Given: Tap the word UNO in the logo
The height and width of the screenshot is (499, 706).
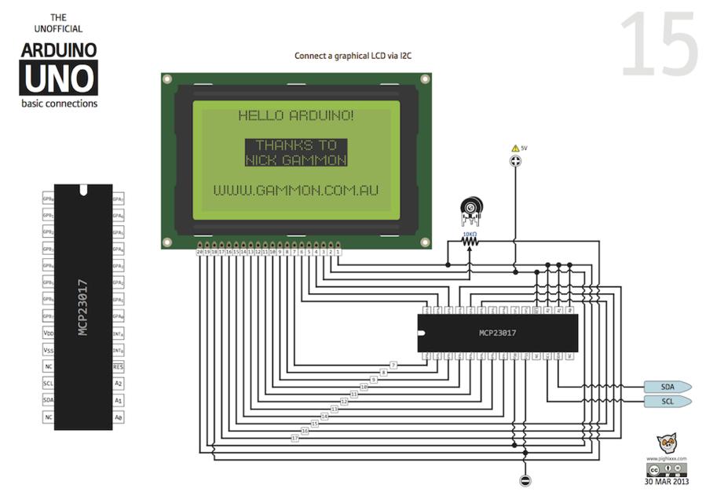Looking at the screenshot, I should tap(59, 78).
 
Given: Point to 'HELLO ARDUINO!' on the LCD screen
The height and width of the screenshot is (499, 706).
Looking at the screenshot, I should tap(296, 116).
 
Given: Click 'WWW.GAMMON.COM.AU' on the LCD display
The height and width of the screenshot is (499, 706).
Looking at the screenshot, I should tap(296, 191).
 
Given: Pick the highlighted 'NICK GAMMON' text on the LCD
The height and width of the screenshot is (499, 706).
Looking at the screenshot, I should tap(296, 160).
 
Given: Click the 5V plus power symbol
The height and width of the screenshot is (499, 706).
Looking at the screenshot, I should tap(516, 161).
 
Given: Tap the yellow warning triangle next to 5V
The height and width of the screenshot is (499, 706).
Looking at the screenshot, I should tap(515, 148).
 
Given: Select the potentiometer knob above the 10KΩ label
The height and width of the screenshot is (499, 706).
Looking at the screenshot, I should tap(470, 209).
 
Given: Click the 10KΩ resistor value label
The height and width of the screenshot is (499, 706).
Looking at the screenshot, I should tap(470, 233).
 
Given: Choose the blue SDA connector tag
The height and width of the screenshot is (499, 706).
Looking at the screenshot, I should tap(667, 387).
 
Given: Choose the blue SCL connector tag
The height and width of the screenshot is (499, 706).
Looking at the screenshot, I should tap(667, 402).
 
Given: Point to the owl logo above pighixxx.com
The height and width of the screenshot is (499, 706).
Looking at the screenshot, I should tap(667, 443).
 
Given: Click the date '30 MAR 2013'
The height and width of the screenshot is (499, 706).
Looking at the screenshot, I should tap(667, 482).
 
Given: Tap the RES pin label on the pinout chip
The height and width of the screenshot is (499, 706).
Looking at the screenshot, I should tap(118, 366).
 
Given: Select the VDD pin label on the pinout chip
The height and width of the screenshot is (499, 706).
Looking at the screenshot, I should tap(49, 333).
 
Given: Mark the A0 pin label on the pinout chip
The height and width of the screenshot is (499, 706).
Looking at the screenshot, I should tap(118, 417).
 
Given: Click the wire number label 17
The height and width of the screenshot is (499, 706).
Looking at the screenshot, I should tap(294, 437).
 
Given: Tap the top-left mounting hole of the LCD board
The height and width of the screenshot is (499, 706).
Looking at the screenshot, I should tap(166, 79).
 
